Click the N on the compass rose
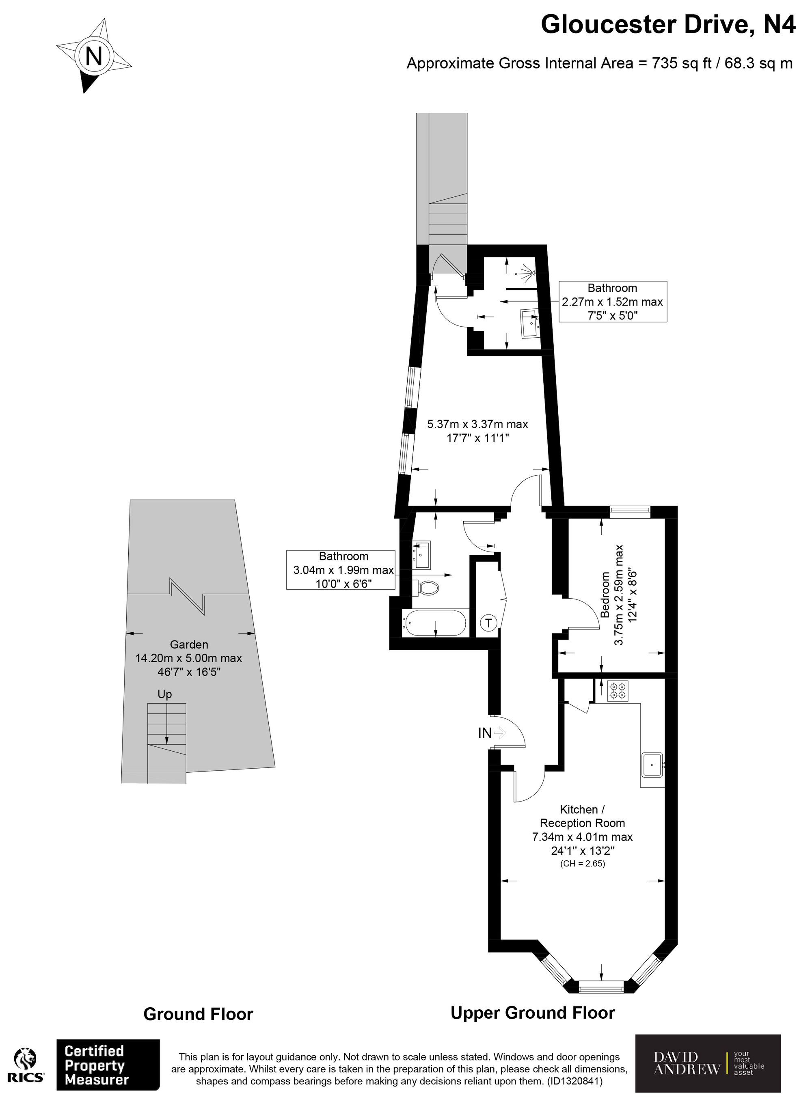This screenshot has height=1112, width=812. coord(94,56)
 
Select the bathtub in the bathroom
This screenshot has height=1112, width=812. coord(434,623)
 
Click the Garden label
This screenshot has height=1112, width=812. coord(189,644)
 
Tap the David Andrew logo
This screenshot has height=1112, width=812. coord(708,1063)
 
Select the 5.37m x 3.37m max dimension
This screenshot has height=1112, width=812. coord(477,424)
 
